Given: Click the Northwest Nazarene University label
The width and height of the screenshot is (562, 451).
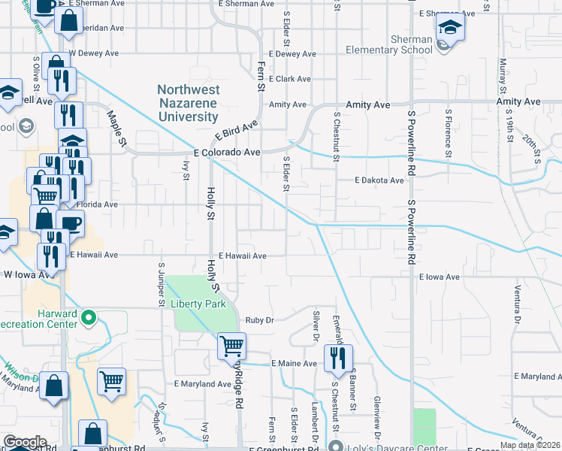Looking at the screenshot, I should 189,103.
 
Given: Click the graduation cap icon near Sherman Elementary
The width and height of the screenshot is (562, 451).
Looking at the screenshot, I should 450,29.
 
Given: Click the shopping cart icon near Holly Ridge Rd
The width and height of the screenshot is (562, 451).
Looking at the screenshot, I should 231,347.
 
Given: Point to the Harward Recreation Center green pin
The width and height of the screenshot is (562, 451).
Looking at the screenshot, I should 89,318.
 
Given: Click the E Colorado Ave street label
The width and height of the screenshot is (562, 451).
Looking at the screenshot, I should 226,152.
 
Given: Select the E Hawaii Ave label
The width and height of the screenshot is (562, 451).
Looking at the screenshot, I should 243,256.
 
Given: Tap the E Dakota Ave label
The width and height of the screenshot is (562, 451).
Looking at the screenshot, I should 379,180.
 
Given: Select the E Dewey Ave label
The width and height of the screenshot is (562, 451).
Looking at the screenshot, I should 292,54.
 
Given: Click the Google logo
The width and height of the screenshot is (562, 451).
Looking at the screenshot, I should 25,442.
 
